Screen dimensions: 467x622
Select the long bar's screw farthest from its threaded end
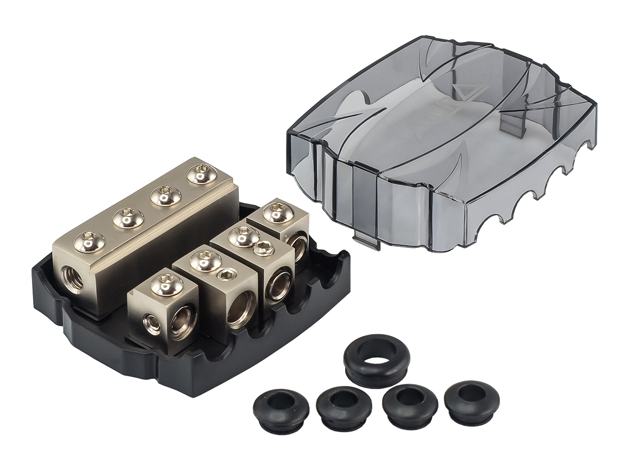(x=202, y=174)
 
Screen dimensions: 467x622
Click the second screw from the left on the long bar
(x=128, y=217)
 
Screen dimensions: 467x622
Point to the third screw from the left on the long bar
(x=166, y=195)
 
